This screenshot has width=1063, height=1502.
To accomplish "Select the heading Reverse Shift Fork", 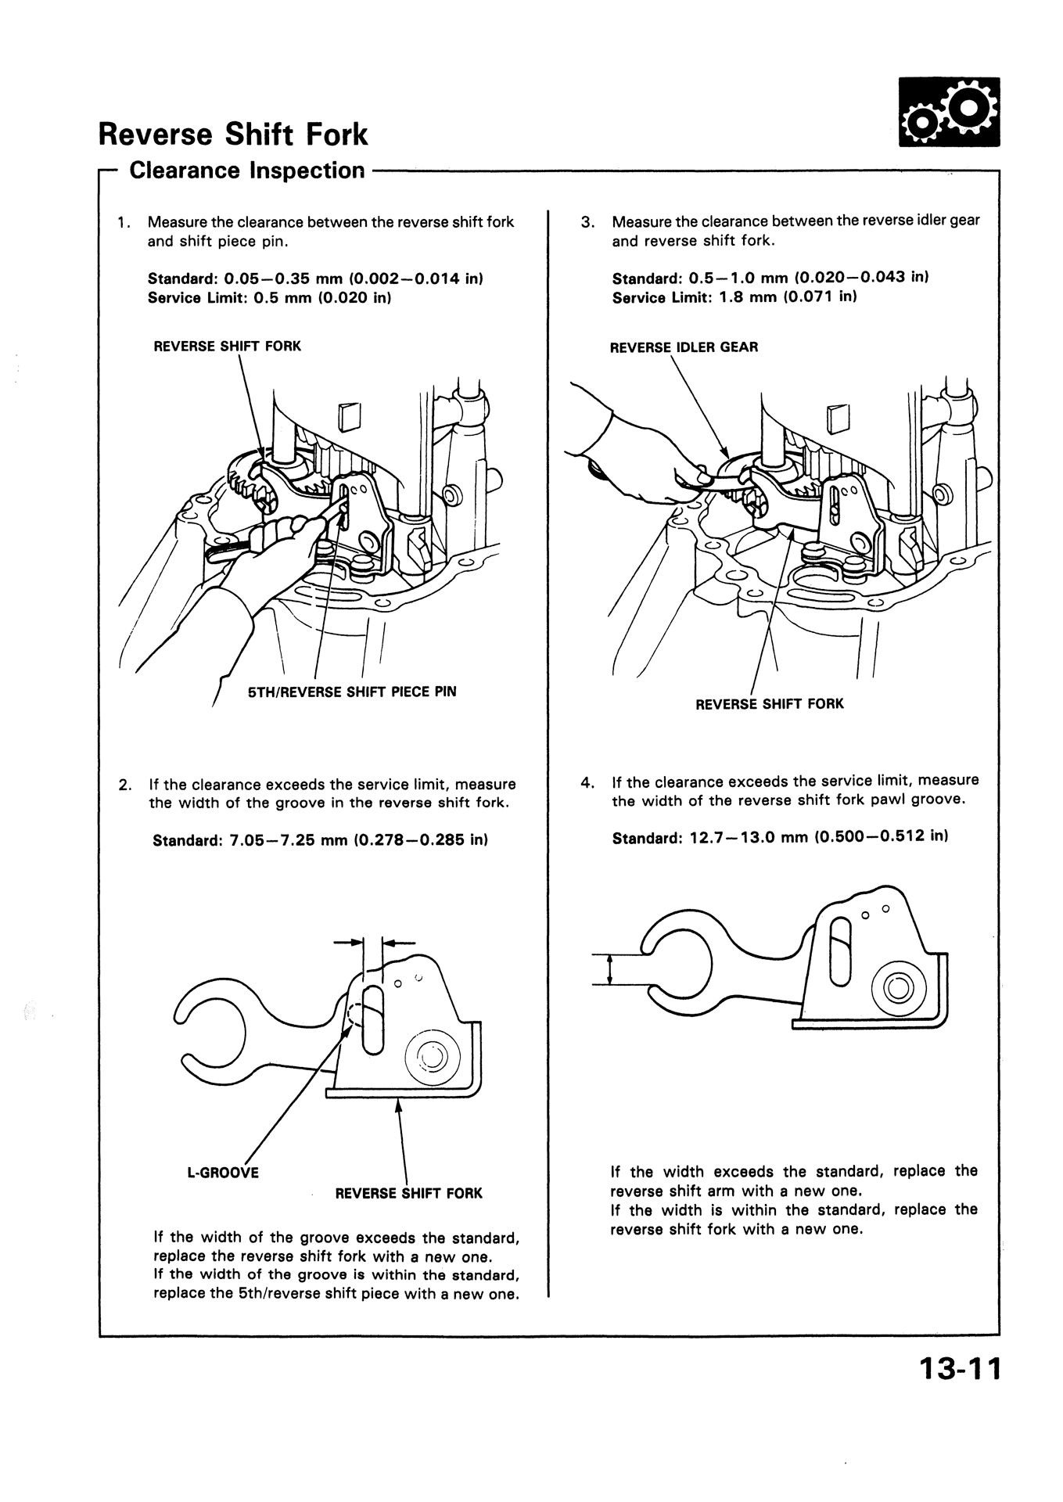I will point(233,135).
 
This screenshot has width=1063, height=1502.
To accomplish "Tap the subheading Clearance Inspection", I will point(247,170).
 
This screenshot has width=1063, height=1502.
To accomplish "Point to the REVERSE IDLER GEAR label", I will point(684,347).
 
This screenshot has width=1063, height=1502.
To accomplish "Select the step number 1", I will point(123,222).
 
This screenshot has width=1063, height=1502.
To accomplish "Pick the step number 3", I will point(587,222).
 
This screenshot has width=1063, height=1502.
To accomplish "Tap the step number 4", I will point(587,782).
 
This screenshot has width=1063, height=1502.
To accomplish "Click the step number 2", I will point(124,785).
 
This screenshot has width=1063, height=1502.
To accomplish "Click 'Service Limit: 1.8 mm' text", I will point(734,297).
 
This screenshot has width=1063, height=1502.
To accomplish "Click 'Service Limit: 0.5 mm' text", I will point(269,297).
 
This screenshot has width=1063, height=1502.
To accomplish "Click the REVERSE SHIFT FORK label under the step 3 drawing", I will point(770,704).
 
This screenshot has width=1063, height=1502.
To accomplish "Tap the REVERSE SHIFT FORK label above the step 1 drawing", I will point(227,346).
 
